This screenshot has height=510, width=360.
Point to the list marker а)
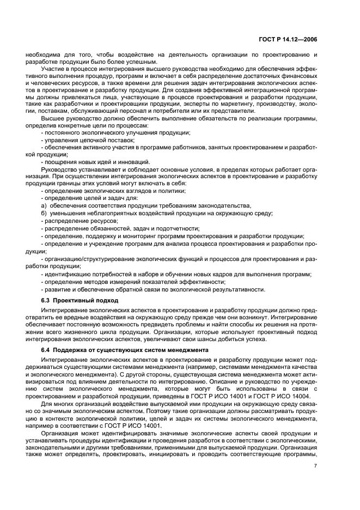click(44, 205)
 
